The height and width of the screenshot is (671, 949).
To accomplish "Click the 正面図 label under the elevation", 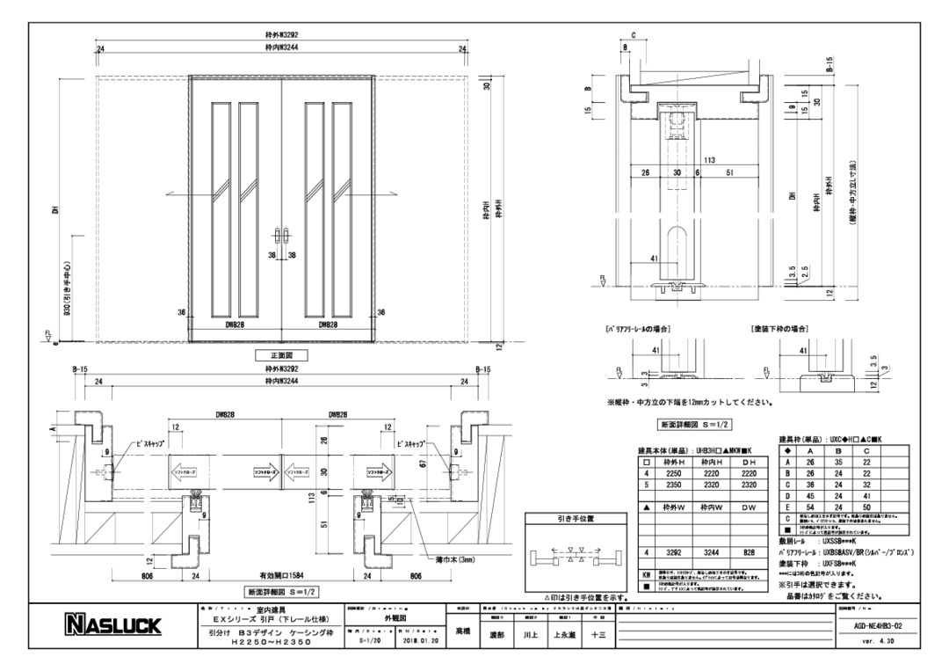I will coord(281,355).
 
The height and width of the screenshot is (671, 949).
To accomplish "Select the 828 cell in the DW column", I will coord(749,553).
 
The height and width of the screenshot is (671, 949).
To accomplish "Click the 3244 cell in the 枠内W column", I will coord(711,553).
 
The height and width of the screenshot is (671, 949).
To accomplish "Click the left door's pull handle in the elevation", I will coord(279,237).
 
